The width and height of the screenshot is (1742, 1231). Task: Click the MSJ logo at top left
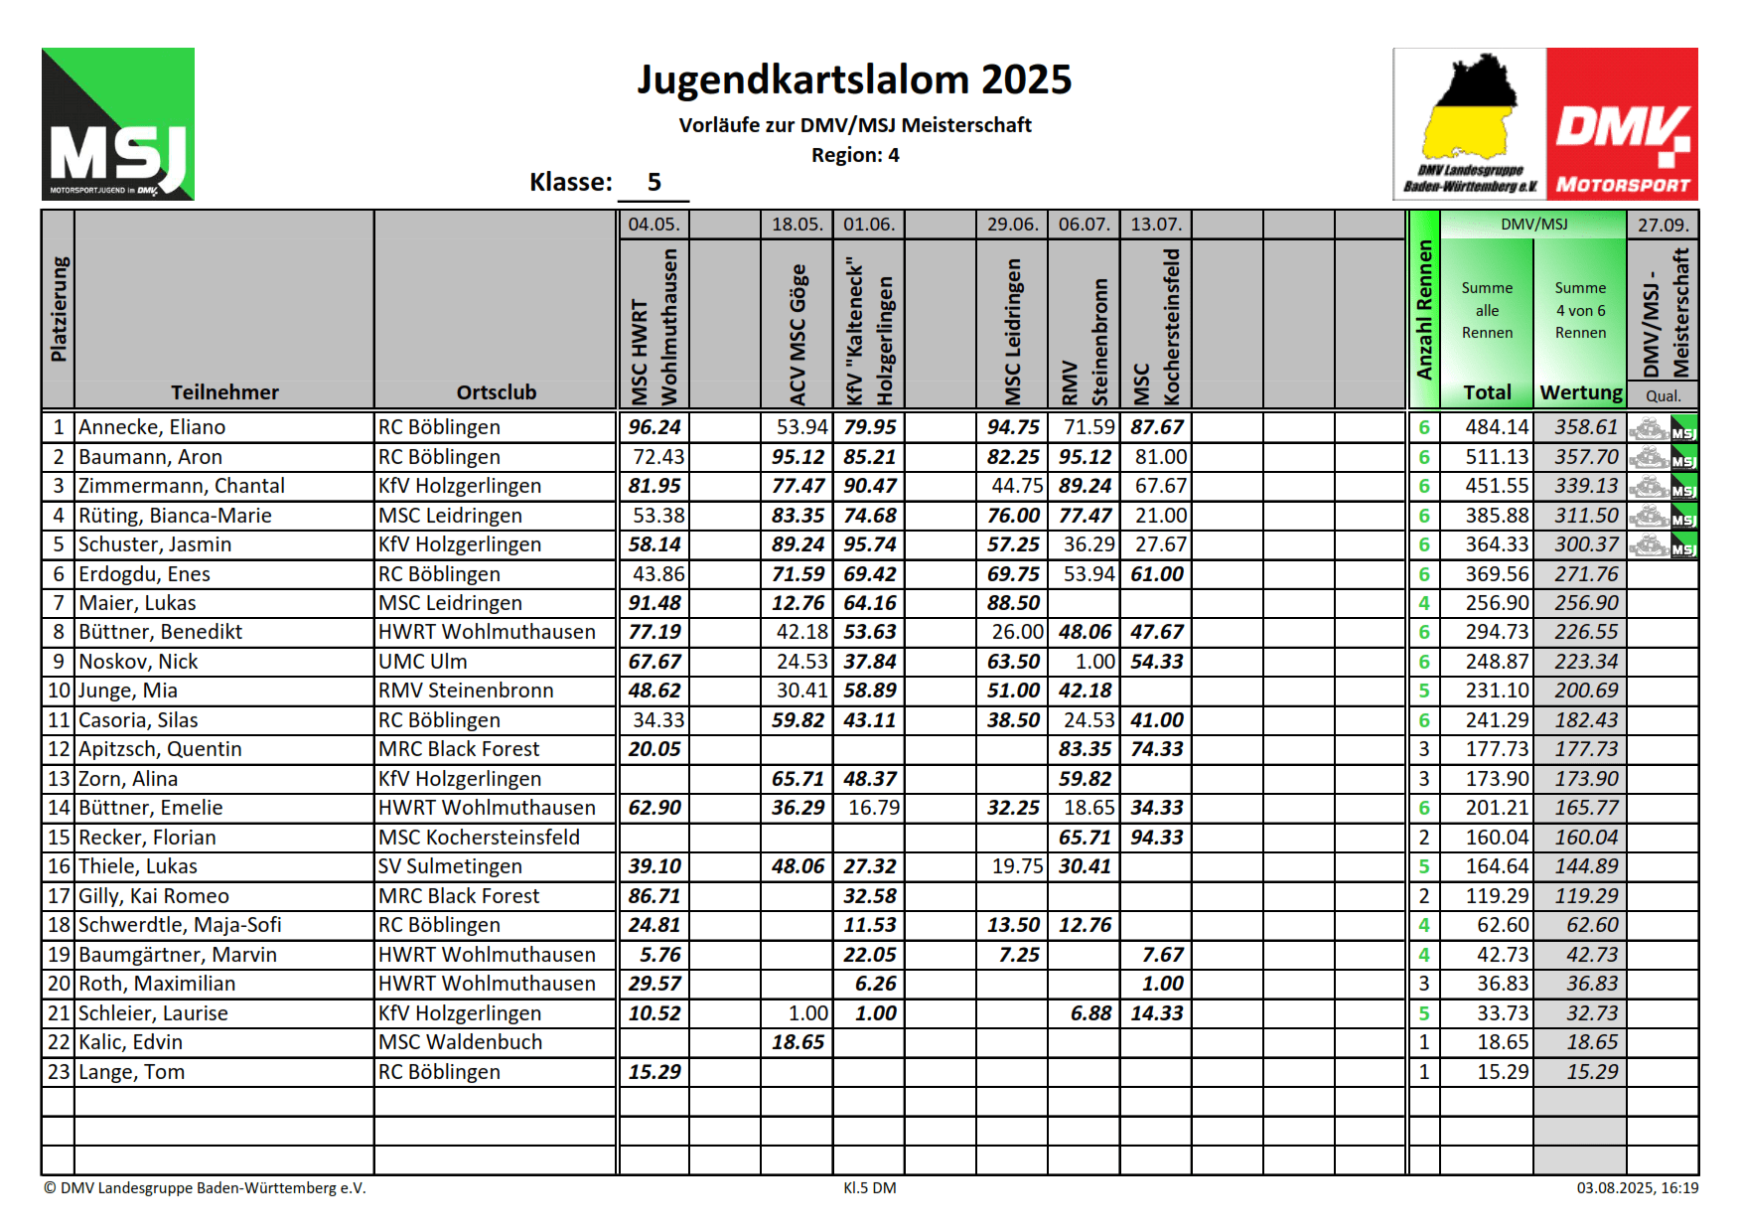117,124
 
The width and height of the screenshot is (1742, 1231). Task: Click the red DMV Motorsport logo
1621,124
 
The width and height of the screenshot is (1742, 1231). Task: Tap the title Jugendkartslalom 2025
854,79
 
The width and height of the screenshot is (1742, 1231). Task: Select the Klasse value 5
653,182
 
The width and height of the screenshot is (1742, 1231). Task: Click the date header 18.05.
797,225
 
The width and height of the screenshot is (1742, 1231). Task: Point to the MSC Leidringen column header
1012,328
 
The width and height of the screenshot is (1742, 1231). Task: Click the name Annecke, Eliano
152,427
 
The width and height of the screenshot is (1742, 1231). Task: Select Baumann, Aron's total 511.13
1497,457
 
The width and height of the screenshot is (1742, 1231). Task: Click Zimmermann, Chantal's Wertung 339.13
1586,486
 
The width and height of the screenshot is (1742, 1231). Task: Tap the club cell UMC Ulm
422,662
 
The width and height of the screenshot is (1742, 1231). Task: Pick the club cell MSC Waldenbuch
460,1042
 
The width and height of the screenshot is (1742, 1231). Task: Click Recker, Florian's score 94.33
1156,838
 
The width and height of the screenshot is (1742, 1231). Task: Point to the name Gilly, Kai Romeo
154,896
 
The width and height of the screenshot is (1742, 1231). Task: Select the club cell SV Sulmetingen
450,866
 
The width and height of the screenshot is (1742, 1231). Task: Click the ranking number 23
59,1072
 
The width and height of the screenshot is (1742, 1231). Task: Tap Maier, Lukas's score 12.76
798,603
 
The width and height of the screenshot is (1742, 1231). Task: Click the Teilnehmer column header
224,392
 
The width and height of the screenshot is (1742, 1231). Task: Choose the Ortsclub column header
496,392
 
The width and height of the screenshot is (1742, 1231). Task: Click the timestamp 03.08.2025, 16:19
1637,1187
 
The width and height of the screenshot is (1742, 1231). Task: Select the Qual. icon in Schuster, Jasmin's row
1663,545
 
